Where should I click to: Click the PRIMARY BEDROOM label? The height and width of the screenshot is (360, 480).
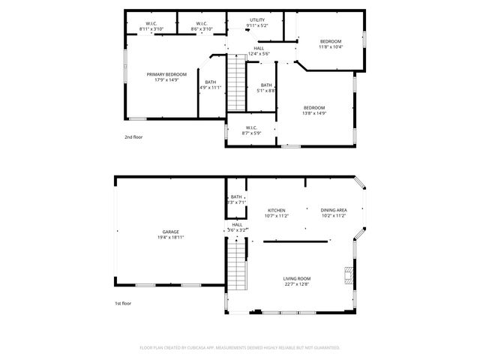(x=166, y=74)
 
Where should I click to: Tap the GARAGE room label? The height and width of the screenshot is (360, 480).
(x=170, y=232)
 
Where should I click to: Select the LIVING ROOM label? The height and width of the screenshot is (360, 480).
(x=297, y=278)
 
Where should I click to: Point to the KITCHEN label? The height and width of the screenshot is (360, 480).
(x=277, y=210)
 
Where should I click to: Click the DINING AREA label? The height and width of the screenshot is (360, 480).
(x=333, y=210)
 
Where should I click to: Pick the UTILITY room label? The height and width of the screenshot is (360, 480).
(x=257, y=20)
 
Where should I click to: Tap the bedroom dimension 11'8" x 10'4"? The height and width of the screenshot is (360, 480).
(x=331, y=47)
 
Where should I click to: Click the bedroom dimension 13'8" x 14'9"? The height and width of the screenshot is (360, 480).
(x=315, y=113)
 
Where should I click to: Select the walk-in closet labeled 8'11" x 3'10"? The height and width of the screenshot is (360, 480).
(x=151, y=29)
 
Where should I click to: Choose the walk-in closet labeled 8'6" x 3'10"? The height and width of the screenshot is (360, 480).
(x=202, y=29)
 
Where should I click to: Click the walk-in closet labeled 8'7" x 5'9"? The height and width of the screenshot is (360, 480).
(x=252, y=132)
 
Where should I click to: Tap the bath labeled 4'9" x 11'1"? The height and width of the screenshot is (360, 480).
(x=210, y=85)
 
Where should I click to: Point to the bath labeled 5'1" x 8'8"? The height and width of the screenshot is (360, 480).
(x=266, y=88)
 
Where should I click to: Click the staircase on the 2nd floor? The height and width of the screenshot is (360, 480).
(x=237, y=83)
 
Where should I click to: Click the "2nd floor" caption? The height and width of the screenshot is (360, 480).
(x=133, y=137)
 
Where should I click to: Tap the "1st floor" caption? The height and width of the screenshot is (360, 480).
(x=123, y=304)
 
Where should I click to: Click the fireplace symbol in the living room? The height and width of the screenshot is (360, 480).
(x=346, y=274)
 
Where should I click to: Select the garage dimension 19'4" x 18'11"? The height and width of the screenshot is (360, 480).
(x=170, y=238)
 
